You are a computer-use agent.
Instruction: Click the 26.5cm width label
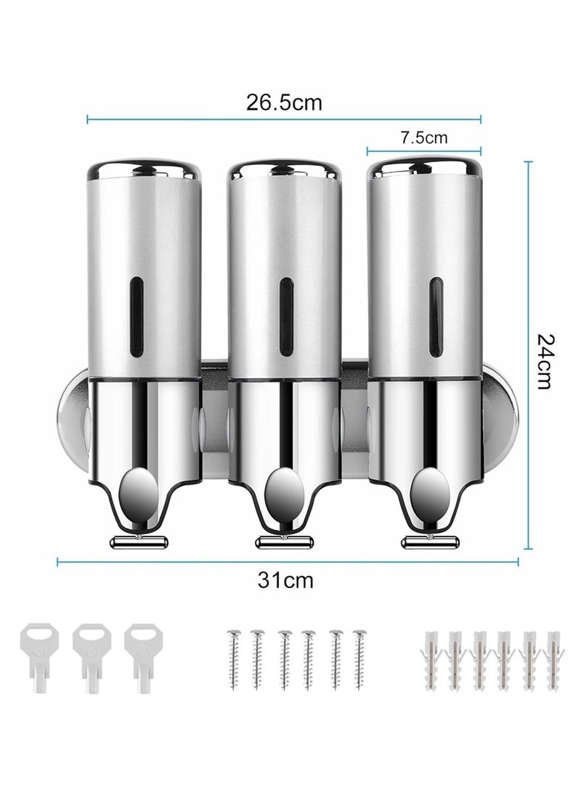283,102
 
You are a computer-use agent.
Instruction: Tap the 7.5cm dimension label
424,137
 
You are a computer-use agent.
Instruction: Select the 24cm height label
545,361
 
